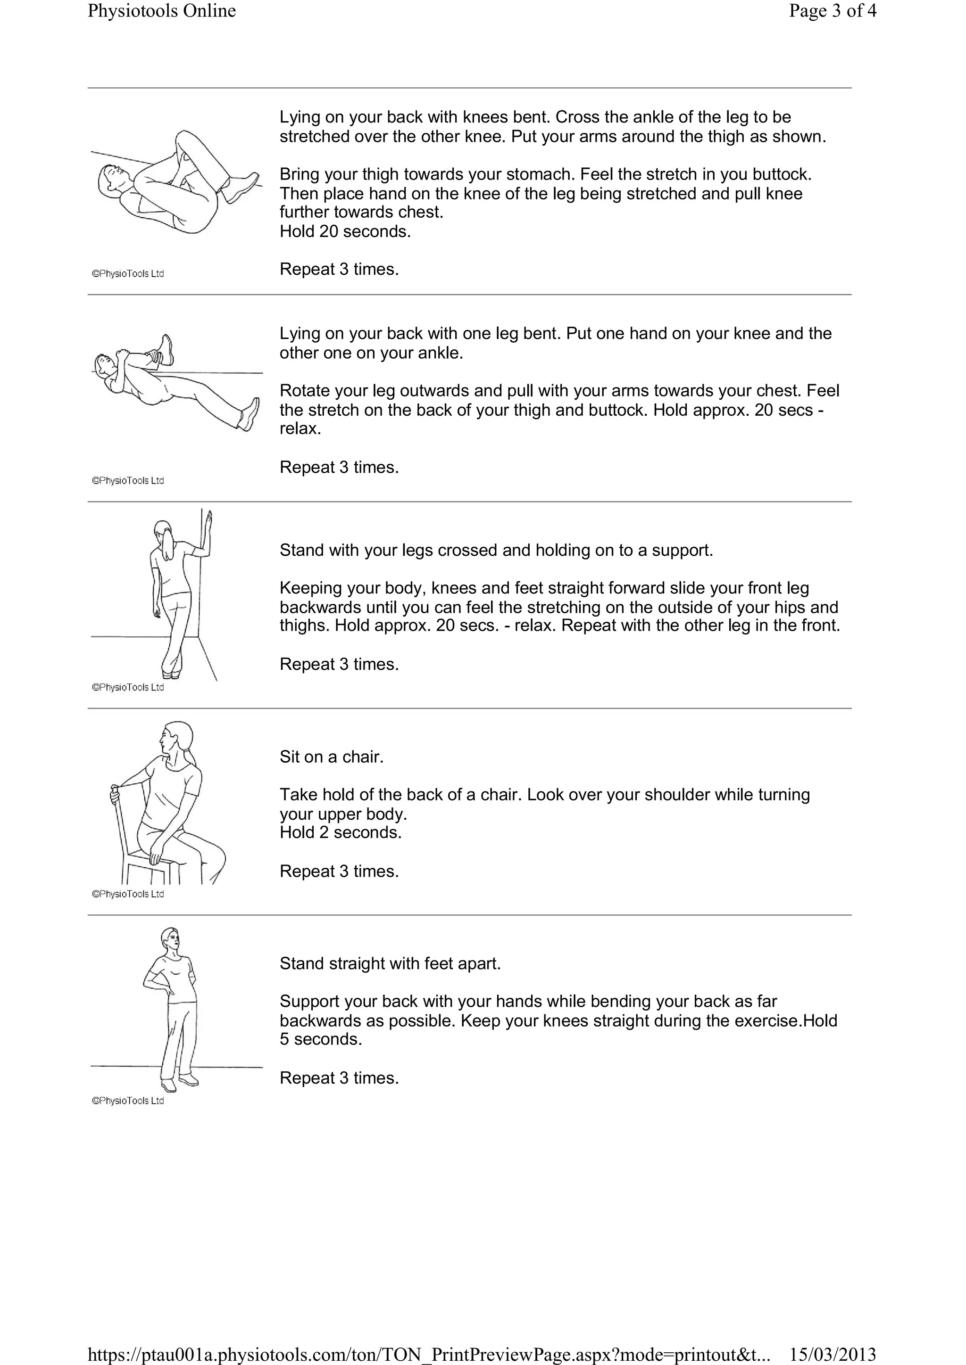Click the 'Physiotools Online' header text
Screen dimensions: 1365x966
click(162, 11)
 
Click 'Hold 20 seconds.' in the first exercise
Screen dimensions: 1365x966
click(345, 231)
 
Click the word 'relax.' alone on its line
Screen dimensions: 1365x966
click(300, 428)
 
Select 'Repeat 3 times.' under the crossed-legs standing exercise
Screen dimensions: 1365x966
click(339, 664)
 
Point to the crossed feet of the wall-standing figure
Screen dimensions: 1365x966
click(171, 672)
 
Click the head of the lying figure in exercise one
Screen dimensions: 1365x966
click(111, 178)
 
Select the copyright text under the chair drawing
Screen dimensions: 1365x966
click(128, 894)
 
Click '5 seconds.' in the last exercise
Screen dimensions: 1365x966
click(321, 1039)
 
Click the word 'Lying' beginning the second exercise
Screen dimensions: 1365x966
click(300, 334)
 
